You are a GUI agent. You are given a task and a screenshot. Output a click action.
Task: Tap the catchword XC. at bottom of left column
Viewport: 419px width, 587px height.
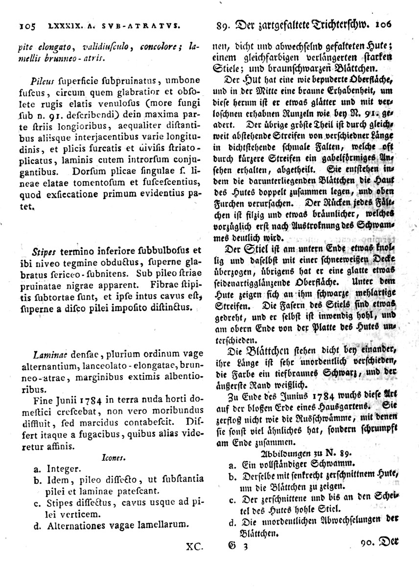tap(194, 546)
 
